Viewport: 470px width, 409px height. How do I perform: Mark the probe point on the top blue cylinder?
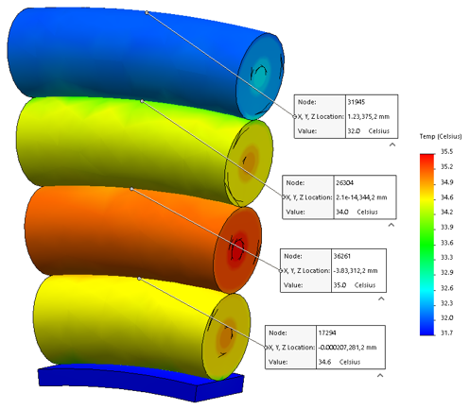147,12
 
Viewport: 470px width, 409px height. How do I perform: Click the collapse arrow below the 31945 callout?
392,145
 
